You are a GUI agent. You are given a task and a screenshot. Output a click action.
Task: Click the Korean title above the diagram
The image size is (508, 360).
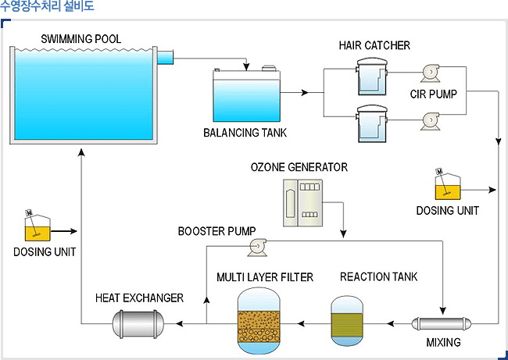(48, 7)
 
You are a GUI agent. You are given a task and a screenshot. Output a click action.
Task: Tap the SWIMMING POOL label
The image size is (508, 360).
(82, 39)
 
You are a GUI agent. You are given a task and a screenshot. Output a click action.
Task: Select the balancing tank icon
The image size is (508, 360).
(246, 94)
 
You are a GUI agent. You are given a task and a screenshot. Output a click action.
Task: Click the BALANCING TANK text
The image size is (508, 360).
(245, 133)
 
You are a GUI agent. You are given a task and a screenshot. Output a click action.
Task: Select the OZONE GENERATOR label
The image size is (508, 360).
(299, 167)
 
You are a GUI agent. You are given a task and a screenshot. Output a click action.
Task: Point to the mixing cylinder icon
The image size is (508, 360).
(443, 323)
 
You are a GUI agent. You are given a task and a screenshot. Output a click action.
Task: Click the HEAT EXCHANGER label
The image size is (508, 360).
(139, 298)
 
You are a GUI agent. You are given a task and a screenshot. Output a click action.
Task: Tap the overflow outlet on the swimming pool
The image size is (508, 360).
(165, 57)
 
